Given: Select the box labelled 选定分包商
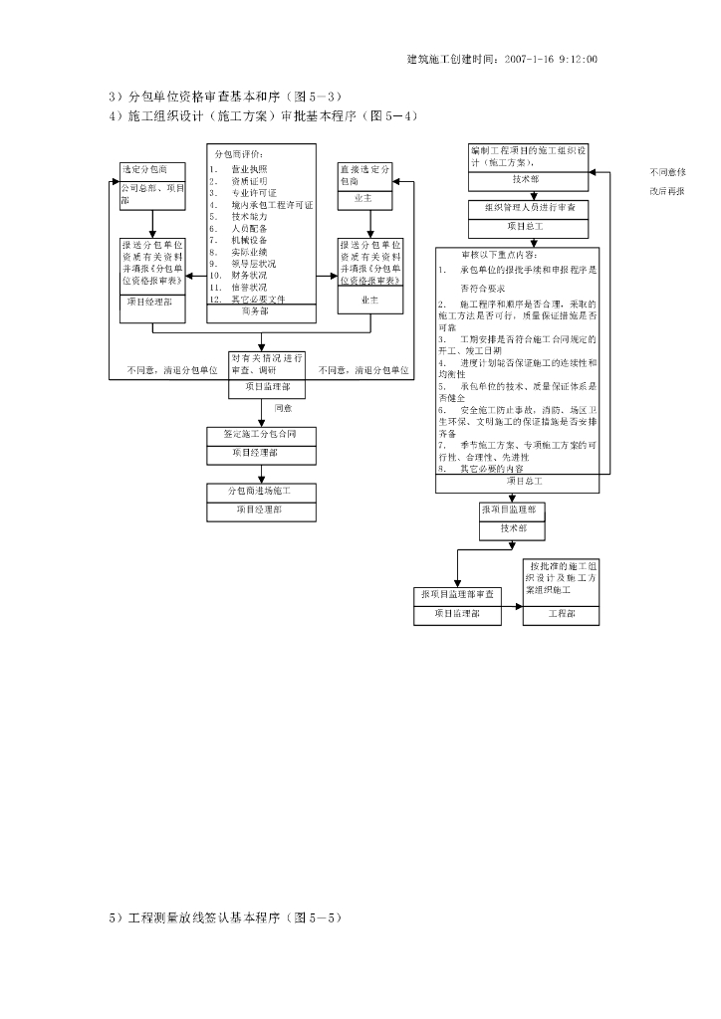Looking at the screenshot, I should pos(151,169).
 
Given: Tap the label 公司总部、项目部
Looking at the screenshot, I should pos(151,194).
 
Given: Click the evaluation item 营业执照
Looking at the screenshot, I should pos(248,169).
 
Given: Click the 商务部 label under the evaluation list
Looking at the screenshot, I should pos(260,310).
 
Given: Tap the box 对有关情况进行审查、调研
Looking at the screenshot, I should pos(267,363).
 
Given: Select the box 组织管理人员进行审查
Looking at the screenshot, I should pos(529,208).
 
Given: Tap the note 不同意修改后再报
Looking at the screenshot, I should pos(667,181).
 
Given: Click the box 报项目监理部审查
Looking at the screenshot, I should pos(457,595).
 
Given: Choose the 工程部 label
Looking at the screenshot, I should pos(561,614).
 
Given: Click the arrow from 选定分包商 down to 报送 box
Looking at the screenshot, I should pos(151,224).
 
